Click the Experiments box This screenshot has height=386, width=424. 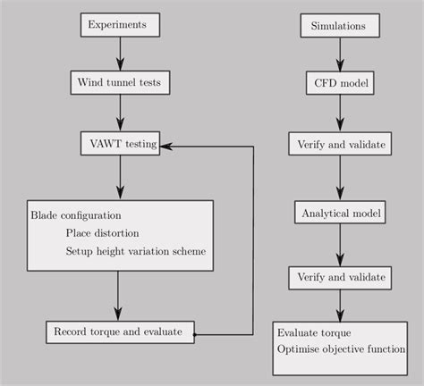(x=120, y=25)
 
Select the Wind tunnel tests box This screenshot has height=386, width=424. (x=120, y=83)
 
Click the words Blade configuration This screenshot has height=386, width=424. (x=76, y=215)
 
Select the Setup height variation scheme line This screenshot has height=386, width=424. (x=135, y=251)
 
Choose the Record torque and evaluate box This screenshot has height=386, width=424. (x=119, y=331)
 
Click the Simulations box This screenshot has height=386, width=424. (x=338, y=26)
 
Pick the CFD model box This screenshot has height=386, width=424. (x=338, y=84)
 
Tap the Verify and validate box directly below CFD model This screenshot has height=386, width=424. (x=338, y=143)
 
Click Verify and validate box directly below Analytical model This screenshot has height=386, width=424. (x=338, y=277)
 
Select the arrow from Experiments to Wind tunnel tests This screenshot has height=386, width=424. (x=120, y=54)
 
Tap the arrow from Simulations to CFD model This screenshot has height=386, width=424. (x=338, y=55)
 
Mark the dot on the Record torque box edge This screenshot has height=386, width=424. (x=194, y=335)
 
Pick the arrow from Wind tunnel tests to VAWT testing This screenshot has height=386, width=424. (x=120, y=113)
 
